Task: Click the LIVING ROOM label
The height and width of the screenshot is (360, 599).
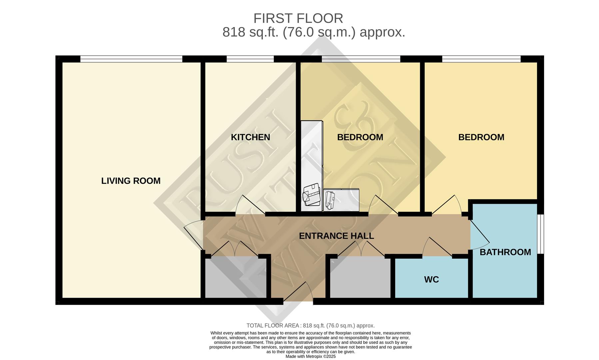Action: coord(131,181)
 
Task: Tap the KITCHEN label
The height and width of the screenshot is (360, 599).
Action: coord(250,137)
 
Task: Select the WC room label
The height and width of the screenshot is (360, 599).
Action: coord(431,279)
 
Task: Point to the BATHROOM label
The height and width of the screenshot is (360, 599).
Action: coord(505,252)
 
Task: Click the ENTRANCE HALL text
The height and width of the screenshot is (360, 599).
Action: coord(336,236)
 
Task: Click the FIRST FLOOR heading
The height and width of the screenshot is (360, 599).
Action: coord(298,18)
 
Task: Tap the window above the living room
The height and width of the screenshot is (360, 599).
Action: coord(131,59)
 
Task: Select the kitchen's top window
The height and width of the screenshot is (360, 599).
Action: coord(250,59)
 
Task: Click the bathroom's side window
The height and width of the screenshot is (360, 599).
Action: coord(542,234)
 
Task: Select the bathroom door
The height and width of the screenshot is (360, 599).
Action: coord(479,235)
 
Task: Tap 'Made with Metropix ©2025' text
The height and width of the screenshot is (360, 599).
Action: coord(310,356)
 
